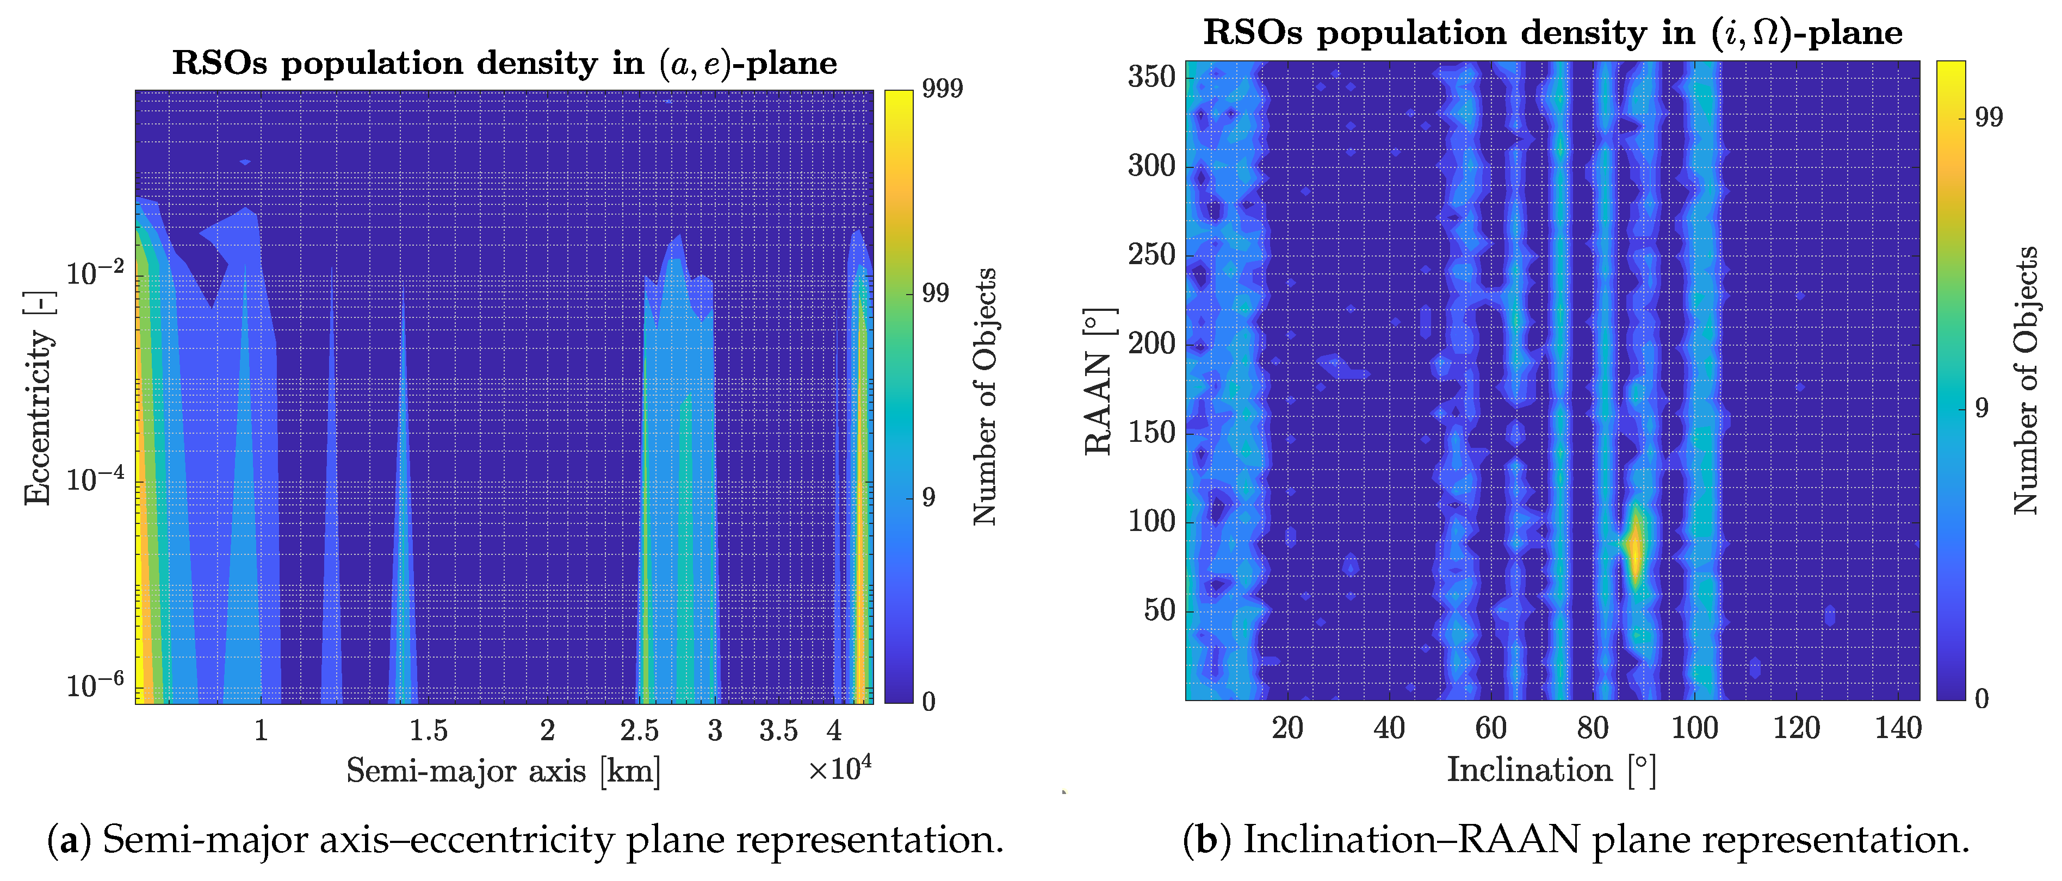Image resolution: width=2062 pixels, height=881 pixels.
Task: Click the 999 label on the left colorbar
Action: [x=942, y=88]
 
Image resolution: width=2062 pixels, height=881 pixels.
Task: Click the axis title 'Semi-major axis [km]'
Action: [x=504, y=771]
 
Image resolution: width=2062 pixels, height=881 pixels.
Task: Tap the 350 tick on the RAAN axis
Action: [x=1151, y=78]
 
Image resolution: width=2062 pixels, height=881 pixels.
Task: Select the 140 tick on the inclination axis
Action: [x=1898, y=728]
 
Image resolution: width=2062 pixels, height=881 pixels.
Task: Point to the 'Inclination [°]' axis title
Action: [x=1551, y=770]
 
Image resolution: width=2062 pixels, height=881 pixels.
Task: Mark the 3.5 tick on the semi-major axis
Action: [x=778, y=730]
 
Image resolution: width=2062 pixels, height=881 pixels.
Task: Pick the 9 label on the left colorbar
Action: [x=928, y=498]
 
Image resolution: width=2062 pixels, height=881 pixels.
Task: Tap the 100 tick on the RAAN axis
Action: [x=1151, y=522]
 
